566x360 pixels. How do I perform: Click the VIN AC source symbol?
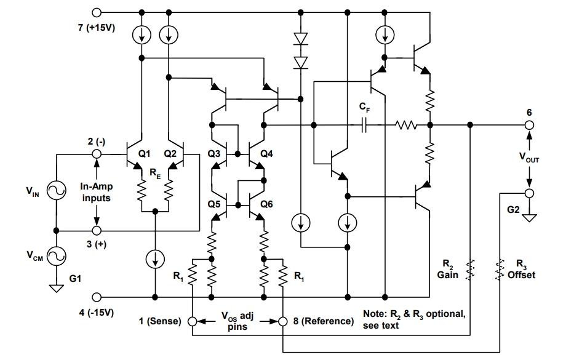coord(56,192)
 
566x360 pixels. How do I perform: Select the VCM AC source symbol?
coord(56,255)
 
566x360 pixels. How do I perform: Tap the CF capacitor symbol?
coord(364,126)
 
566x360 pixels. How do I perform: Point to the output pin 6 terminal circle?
coord(527,125)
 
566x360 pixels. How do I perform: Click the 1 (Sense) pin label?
coord(159,321)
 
